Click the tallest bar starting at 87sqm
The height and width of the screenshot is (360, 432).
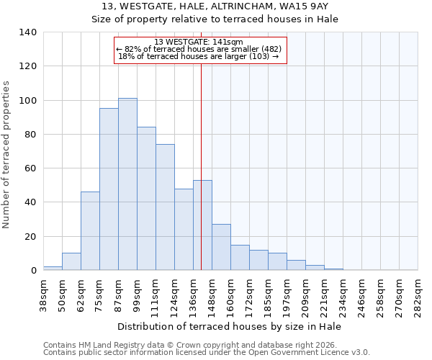pyautogui.click(x=127, y=184)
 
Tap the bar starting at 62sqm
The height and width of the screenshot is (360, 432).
pyautogui.click(x=90, y=231)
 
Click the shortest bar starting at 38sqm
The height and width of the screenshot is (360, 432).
pyautogui.click(x=53, y=268)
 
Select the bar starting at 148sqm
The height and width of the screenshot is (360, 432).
pyautogui.click(x=221, y=247)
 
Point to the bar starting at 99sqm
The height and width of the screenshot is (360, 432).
pyautogui.click(x=146, y=199)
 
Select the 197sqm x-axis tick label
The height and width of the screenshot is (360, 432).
pyautogui.click(x=287, y=294)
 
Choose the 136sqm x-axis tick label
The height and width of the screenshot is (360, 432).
pyautogui.click(x=194, y=294)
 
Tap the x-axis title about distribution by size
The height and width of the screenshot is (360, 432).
pyautogui.click(x=230, y=326)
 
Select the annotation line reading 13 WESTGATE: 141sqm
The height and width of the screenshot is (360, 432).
pyautogui.click(x=199, y=42)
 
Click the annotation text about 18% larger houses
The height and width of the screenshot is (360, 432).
pyautogui.click(x=199, y=56)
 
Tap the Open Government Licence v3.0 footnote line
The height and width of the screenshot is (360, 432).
pyautogui.click(x=207, y=353)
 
